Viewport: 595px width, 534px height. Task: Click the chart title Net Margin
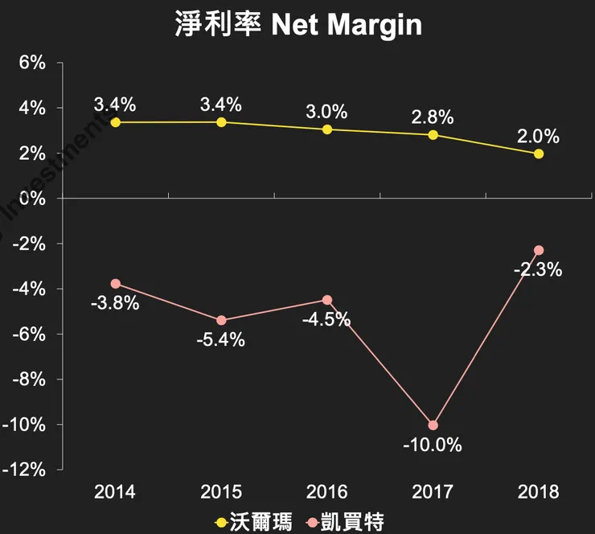(x=297, y=24)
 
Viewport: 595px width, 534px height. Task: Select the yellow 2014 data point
(x=116, y=122)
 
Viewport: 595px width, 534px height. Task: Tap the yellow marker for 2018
(x=539, y=154)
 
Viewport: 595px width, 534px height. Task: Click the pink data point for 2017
(x=433, y=425)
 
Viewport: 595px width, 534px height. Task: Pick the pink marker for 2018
(x=539, y=250)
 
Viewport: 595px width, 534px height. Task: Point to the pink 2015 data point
(x=221, y=320)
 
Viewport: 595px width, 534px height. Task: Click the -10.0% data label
(x=433, y=445)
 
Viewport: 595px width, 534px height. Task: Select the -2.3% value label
(x=538, y=270)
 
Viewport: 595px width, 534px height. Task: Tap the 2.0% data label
(x=539, y=134)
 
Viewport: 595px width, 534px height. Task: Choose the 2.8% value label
(x=433, y=116)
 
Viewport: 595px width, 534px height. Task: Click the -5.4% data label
(x=220, y=339)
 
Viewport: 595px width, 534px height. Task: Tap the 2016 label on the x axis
(x=327, y=491)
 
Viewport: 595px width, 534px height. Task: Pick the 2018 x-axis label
(x=539, y=491)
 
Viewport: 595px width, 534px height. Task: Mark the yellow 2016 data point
(x=327, y=129)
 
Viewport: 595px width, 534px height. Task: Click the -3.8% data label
(x=116, y=303)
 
